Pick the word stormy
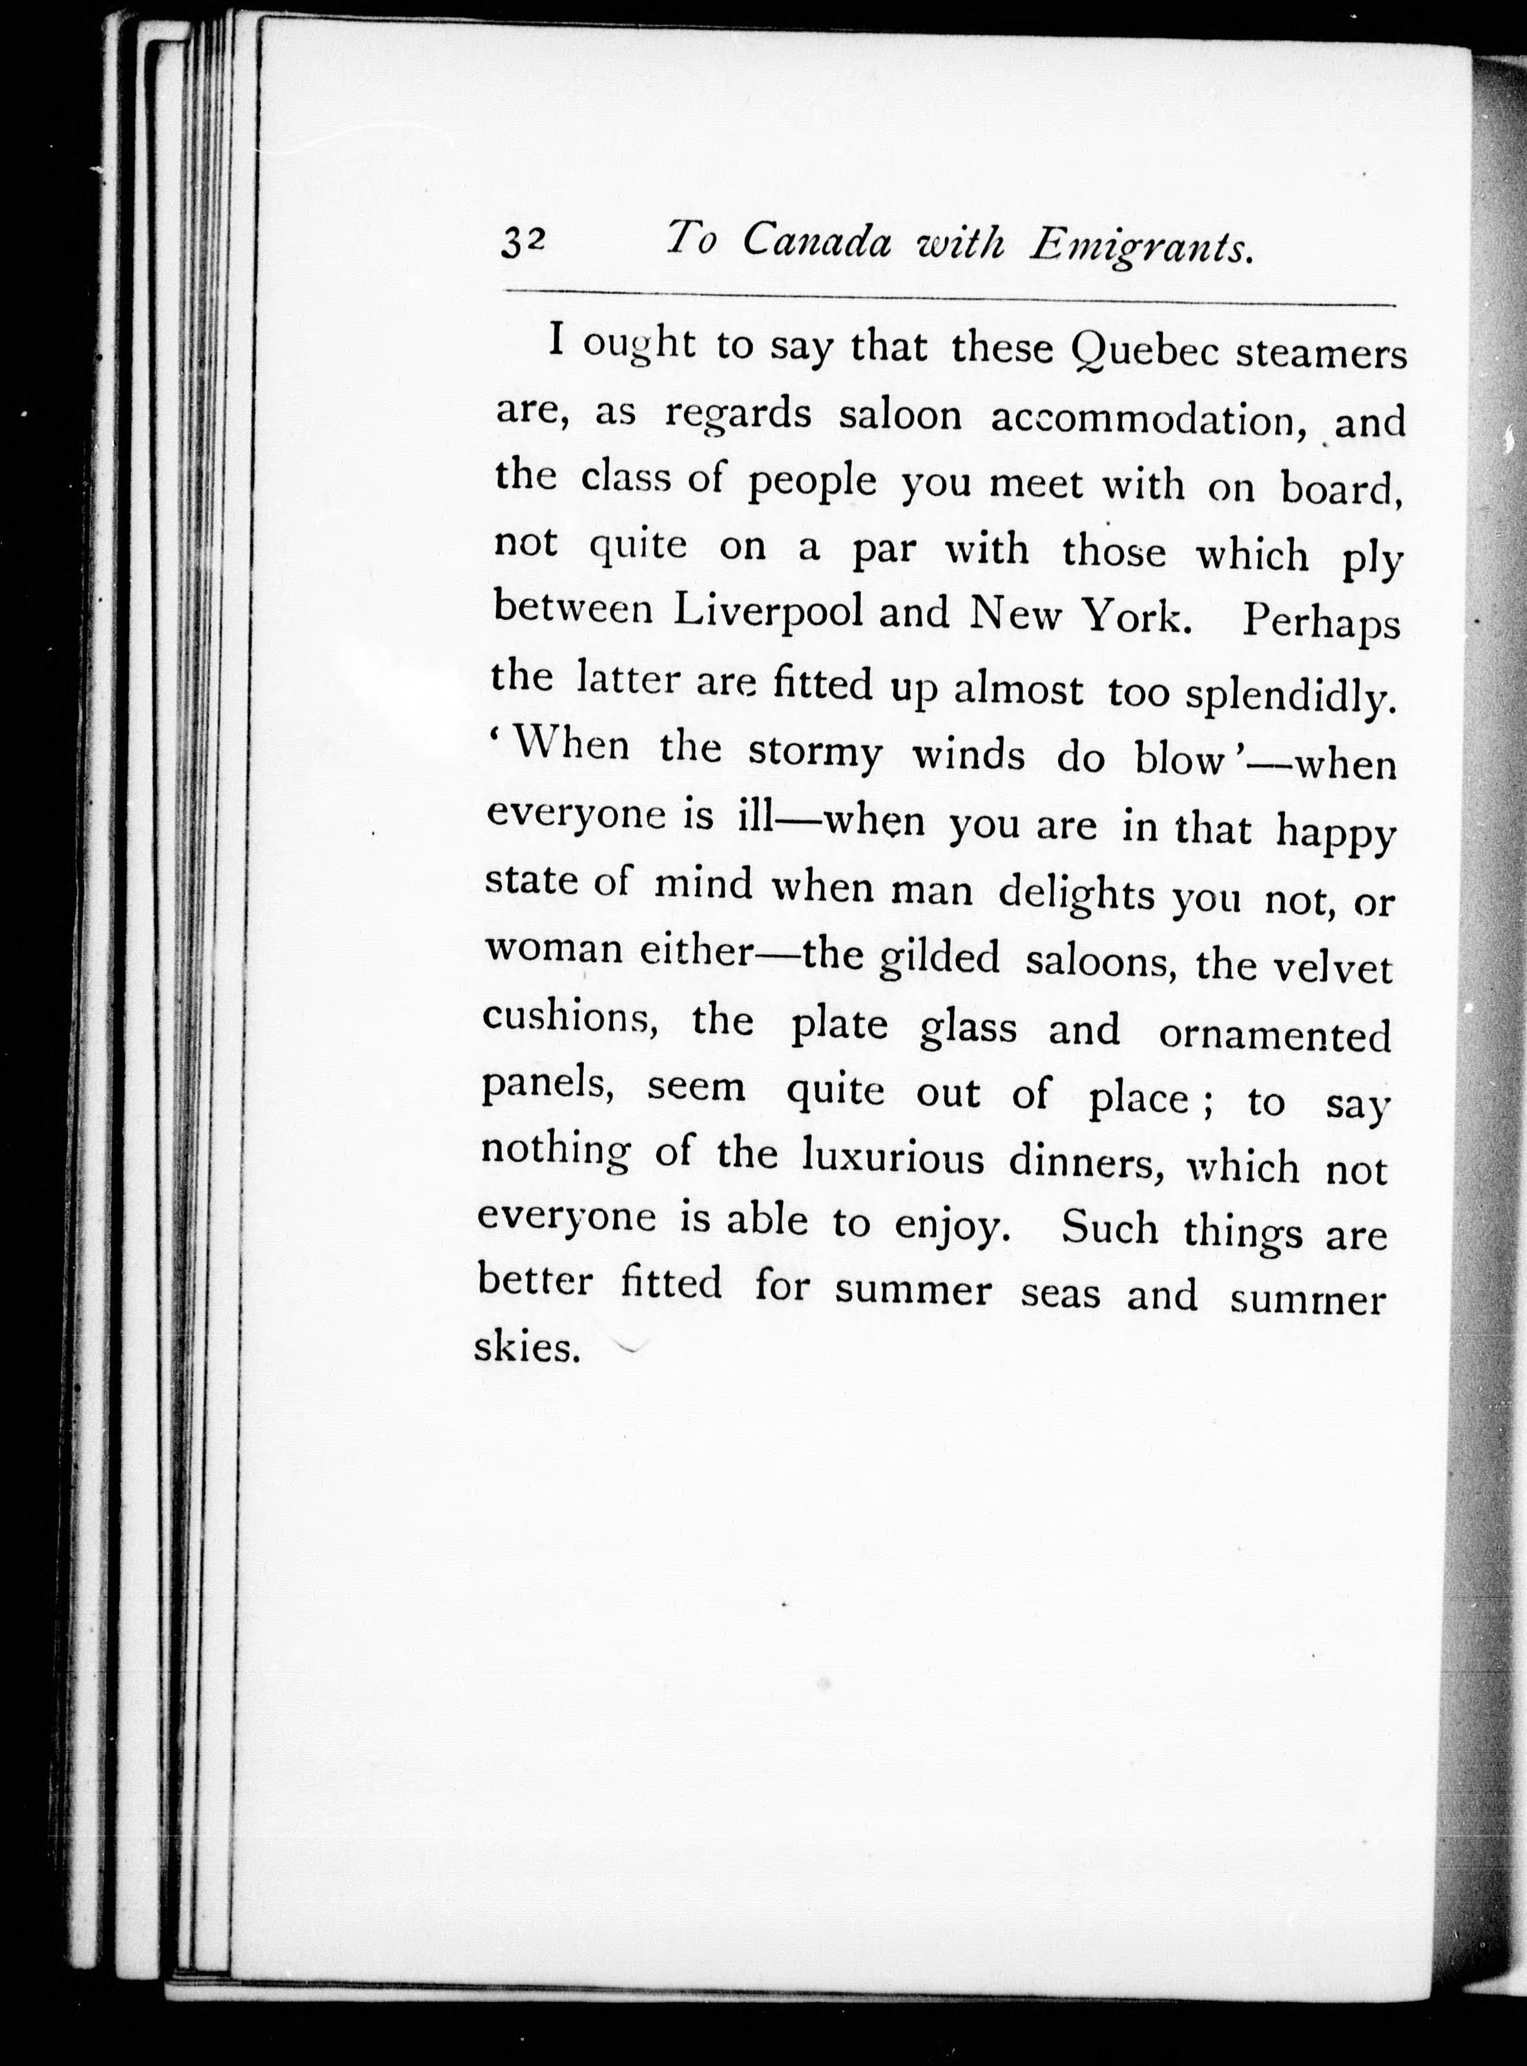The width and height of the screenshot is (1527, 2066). [815, 753]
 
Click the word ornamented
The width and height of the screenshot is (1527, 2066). [1274, 1036]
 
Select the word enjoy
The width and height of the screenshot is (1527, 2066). [950, 1227]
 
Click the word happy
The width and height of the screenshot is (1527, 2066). [1335, 833]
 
